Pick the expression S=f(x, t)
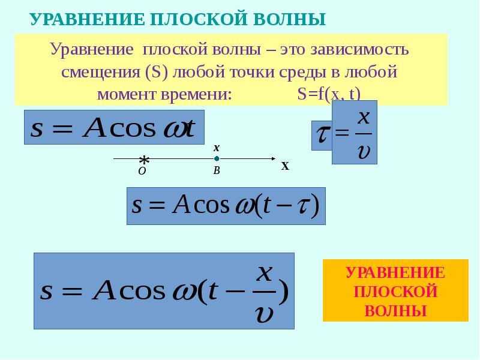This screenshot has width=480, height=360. click(328, 95)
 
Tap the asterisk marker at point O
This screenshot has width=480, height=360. click(144, 160)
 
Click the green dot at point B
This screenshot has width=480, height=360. click(217, 159)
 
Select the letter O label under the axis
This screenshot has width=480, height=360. click(142, 171)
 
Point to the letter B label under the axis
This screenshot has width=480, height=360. click(217, 171)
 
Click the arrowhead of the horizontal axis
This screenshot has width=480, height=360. click(272, 159)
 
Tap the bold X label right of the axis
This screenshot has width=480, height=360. click(286, 167)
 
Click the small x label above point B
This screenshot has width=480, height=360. click(217, 148)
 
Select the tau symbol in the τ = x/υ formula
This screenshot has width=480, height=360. click(322, 134)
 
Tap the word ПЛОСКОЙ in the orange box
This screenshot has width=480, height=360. click(395, 292)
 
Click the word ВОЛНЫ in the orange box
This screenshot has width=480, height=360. click(395, 311)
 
